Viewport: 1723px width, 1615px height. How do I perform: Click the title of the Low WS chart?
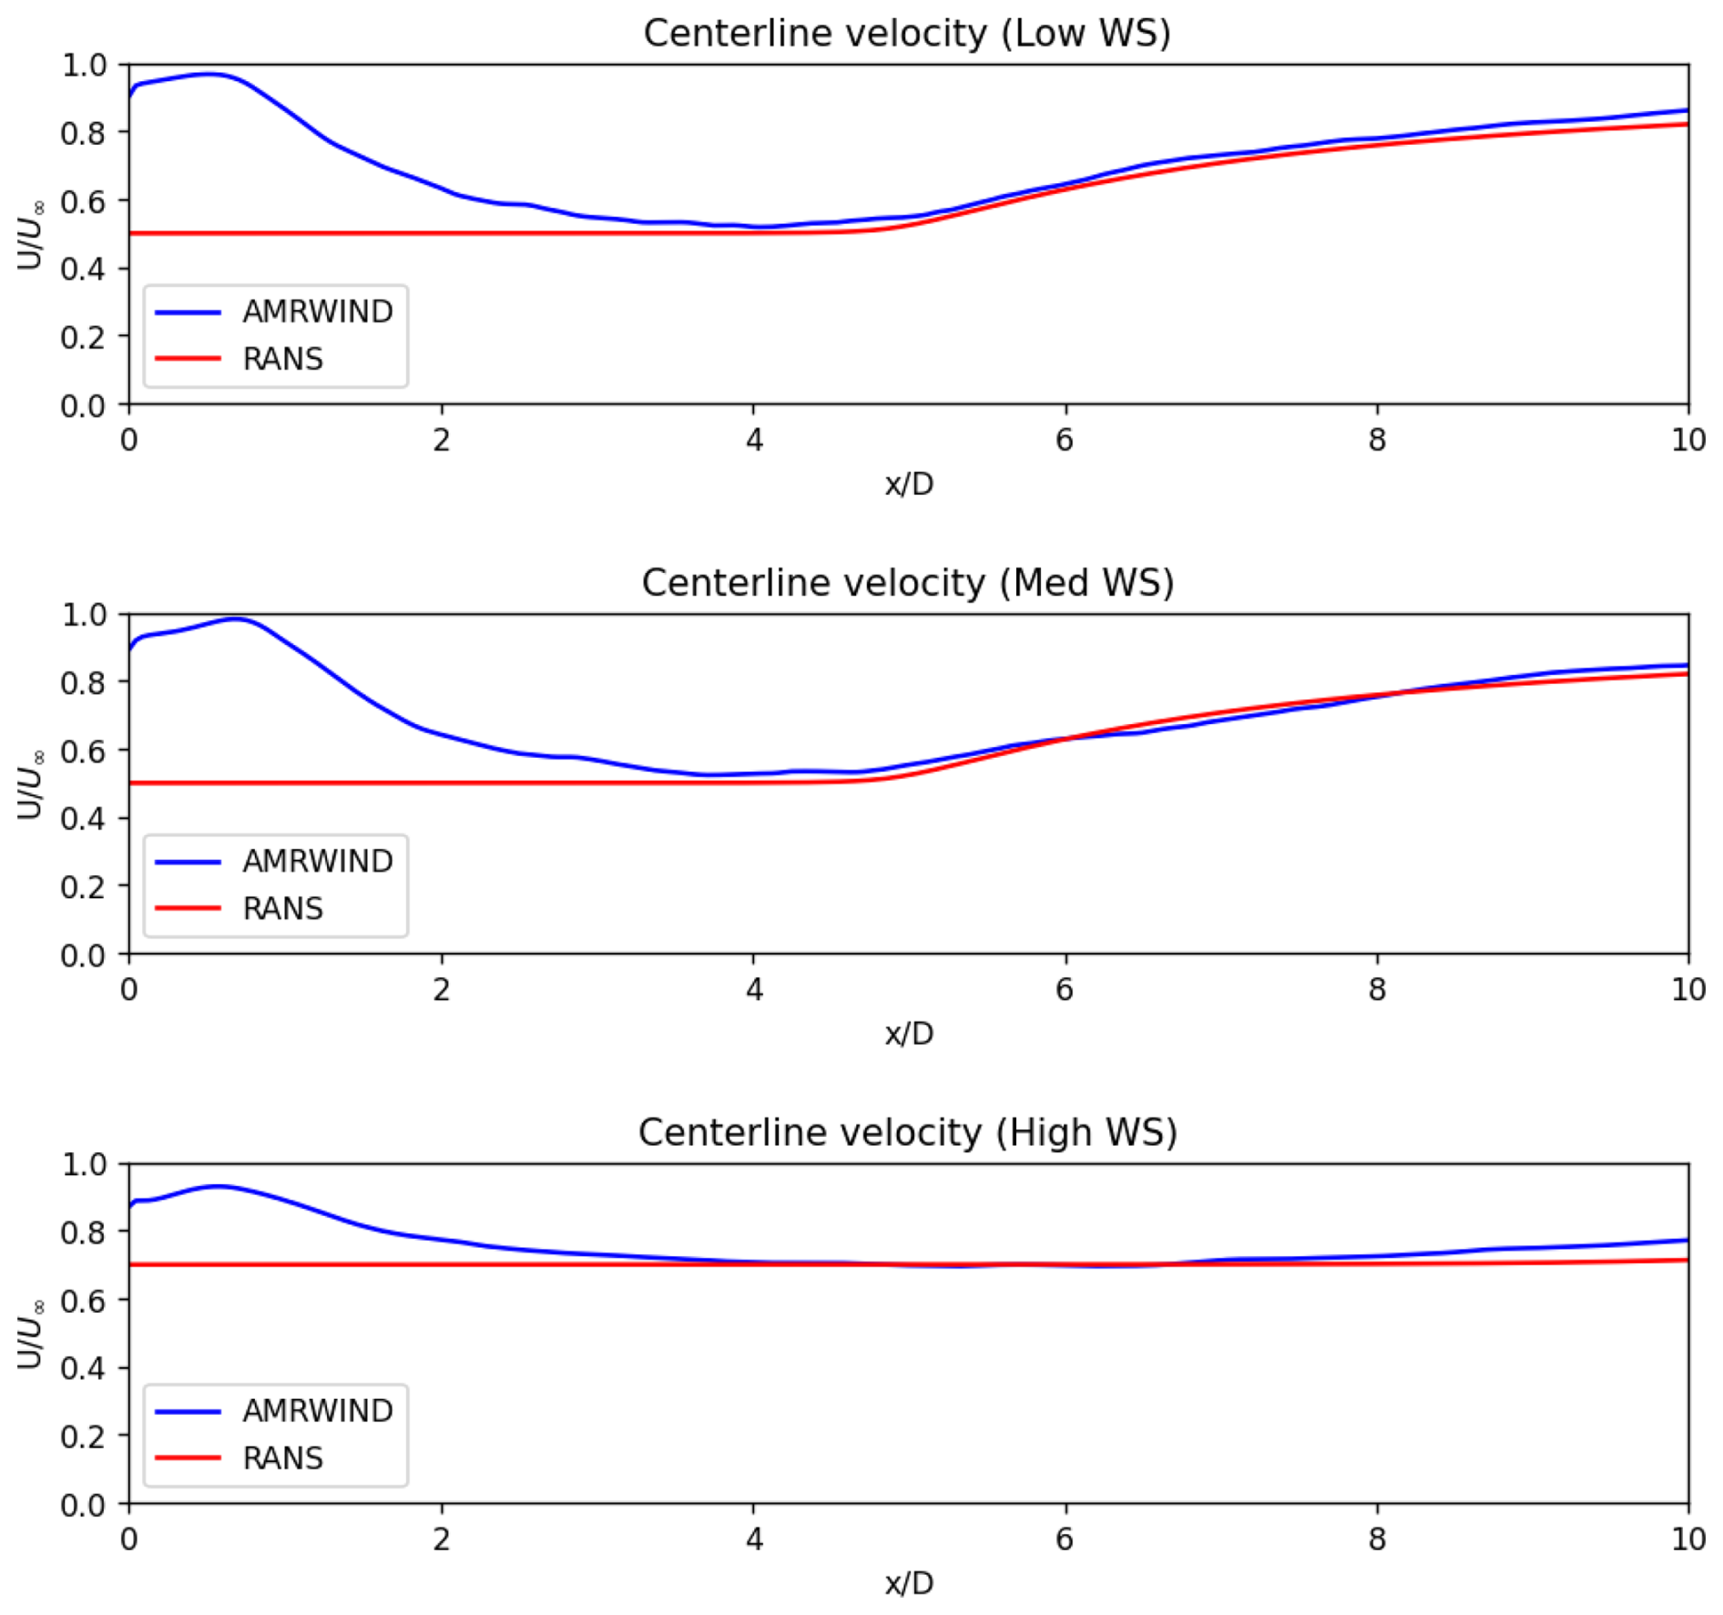906,34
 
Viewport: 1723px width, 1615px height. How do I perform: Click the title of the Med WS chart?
907,583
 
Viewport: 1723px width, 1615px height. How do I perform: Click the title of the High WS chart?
907,1132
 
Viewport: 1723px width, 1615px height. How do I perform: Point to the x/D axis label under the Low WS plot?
909,484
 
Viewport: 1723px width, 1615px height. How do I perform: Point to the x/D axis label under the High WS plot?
909,1583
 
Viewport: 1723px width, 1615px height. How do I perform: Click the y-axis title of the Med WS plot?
31,783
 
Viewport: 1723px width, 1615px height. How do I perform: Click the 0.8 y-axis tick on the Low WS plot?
83,133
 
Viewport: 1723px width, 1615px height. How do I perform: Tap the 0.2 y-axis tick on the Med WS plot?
83,886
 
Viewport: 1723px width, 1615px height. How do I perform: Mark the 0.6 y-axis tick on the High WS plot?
83,1300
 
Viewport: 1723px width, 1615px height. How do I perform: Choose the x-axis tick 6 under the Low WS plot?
1065,441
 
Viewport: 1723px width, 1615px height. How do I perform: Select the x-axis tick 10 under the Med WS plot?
1687,990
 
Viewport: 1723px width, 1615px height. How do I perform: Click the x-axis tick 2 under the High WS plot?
442,1540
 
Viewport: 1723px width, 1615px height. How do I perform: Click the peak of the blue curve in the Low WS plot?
209,74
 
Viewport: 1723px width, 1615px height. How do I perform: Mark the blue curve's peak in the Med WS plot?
236,618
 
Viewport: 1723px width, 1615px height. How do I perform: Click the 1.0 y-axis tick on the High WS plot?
83,1164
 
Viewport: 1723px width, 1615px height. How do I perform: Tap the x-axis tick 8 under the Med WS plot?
1376,990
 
